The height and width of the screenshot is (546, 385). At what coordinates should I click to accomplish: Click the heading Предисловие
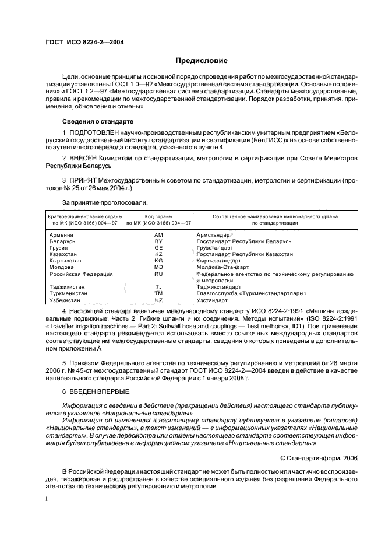click(x=202, y=61)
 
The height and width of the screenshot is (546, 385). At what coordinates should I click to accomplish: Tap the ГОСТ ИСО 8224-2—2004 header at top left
click(x=84, y=42)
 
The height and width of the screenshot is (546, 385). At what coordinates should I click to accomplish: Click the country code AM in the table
click(x=158, y=235)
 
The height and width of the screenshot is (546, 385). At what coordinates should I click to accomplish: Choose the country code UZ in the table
click(x=158, y=299)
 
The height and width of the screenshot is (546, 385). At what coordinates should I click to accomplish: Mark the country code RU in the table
click(x=158, y=274)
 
